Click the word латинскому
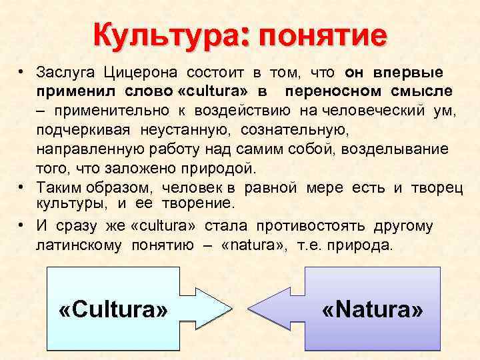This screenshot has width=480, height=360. (79, 245)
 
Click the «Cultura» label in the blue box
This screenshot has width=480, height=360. (113, 309)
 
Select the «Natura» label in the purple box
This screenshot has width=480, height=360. (373, 309)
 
